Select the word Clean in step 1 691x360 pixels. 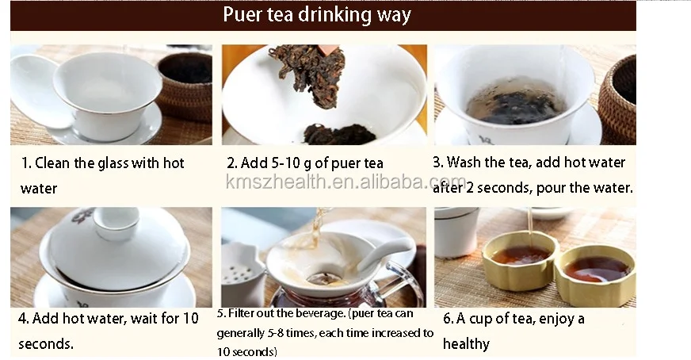tap(52, 163)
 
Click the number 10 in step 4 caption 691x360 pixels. tap(191, 318)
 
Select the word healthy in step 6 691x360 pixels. tap(466, 343)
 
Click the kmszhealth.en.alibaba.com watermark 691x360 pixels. tap(346, 182)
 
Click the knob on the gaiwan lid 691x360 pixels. tap(116, 222)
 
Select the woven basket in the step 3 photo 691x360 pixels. tap(618, 100)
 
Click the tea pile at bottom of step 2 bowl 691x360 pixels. tap(339, 134)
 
